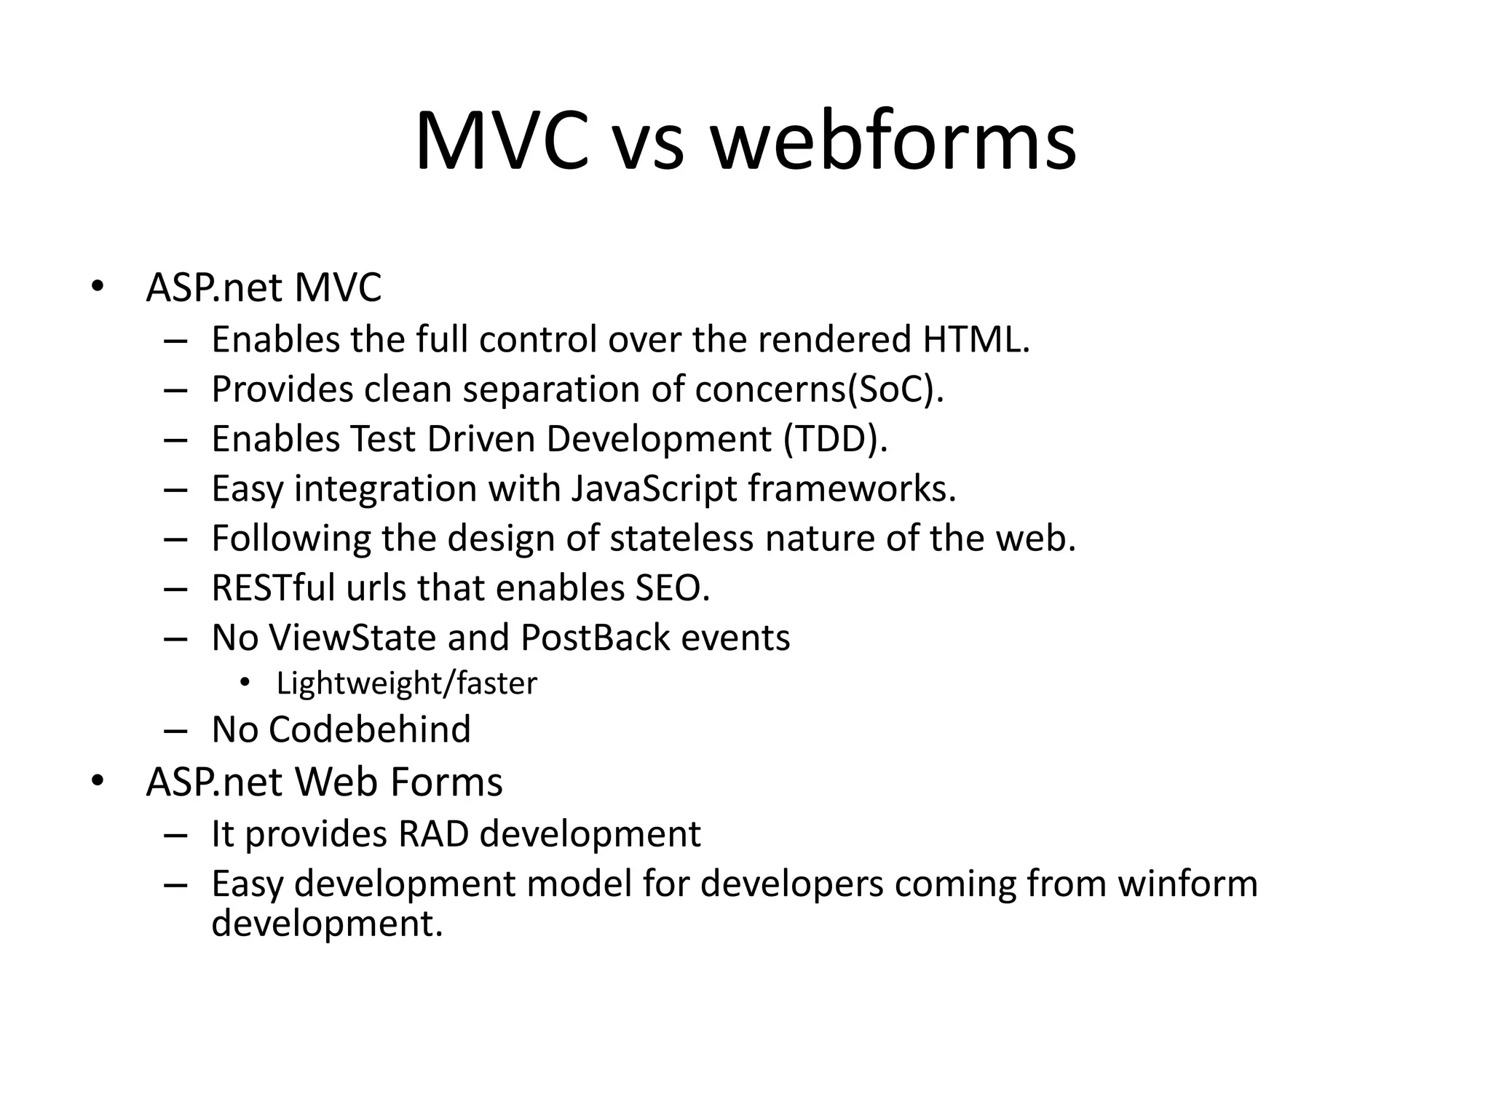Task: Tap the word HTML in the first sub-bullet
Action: (976, 339)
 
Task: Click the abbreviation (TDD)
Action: (836, 439)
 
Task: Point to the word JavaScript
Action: (654, 488)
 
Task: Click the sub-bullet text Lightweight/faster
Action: (406, 683)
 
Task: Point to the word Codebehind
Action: (370, 729)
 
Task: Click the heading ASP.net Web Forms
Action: (324, 782)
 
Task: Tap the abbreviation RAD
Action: (433, 834)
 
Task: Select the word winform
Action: (1187, 884)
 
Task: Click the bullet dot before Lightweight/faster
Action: (245, 683)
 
